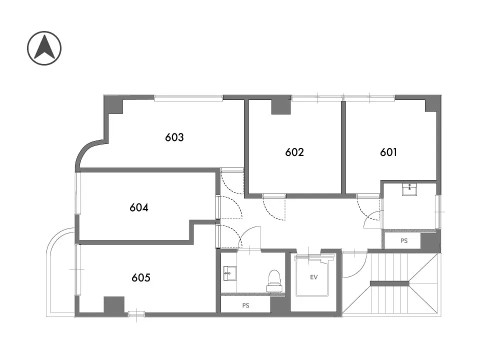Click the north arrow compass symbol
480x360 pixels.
pos(44,48)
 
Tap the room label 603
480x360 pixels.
pos(174,137)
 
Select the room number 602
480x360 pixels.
pos(294,152)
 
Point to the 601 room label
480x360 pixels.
pos(388,152)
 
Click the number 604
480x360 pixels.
pos(139,207)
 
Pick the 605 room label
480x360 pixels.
pos(141,277)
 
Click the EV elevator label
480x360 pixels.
pos(314,277)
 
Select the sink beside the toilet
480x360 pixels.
pos(229,273)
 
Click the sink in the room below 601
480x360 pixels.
pos(409,190)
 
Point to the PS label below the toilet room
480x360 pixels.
pos(245,305)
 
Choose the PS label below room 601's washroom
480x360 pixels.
pos(404,241)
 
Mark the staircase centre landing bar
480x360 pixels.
pos(389,283)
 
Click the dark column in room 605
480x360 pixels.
pos(114,305)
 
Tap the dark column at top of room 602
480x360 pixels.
pos(281,107)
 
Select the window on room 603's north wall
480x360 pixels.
pos(188,98)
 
